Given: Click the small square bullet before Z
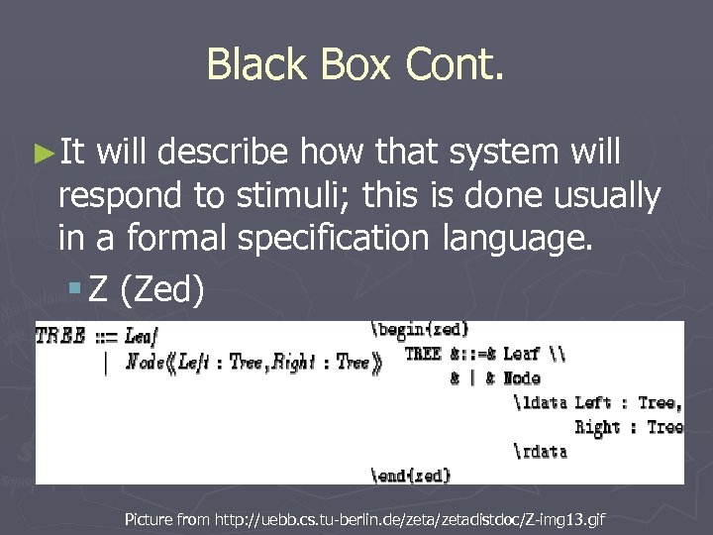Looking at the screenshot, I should click(75, 290).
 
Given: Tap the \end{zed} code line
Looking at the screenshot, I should click(411, 476).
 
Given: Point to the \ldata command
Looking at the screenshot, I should click(540, 402).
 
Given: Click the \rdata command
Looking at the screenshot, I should click(540, 451).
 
